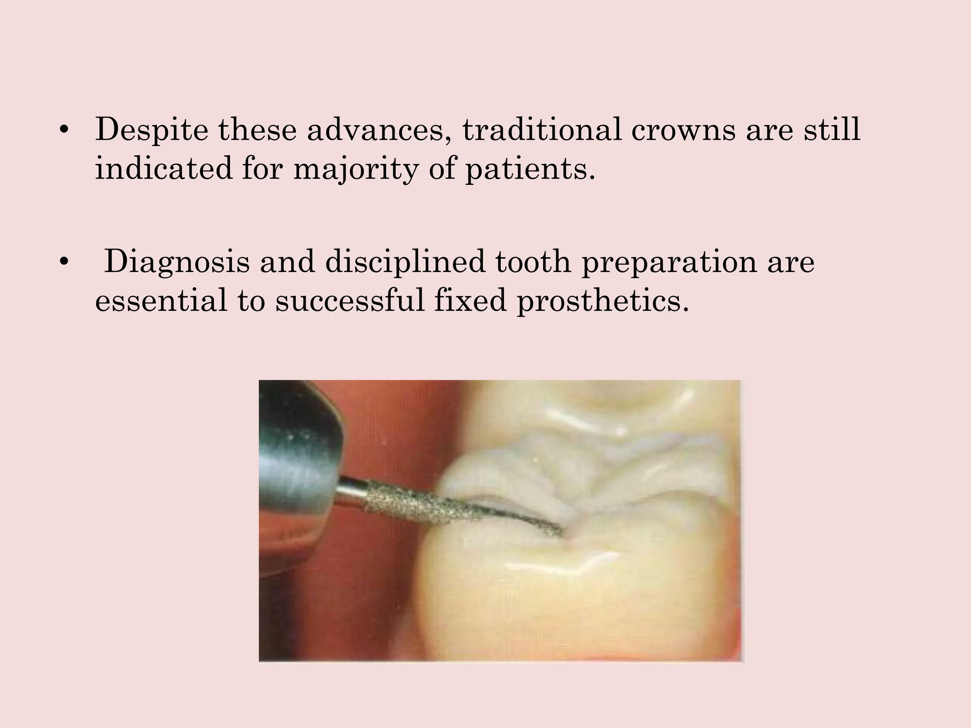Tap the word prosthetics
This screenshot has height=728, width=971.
click(603, 301)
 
